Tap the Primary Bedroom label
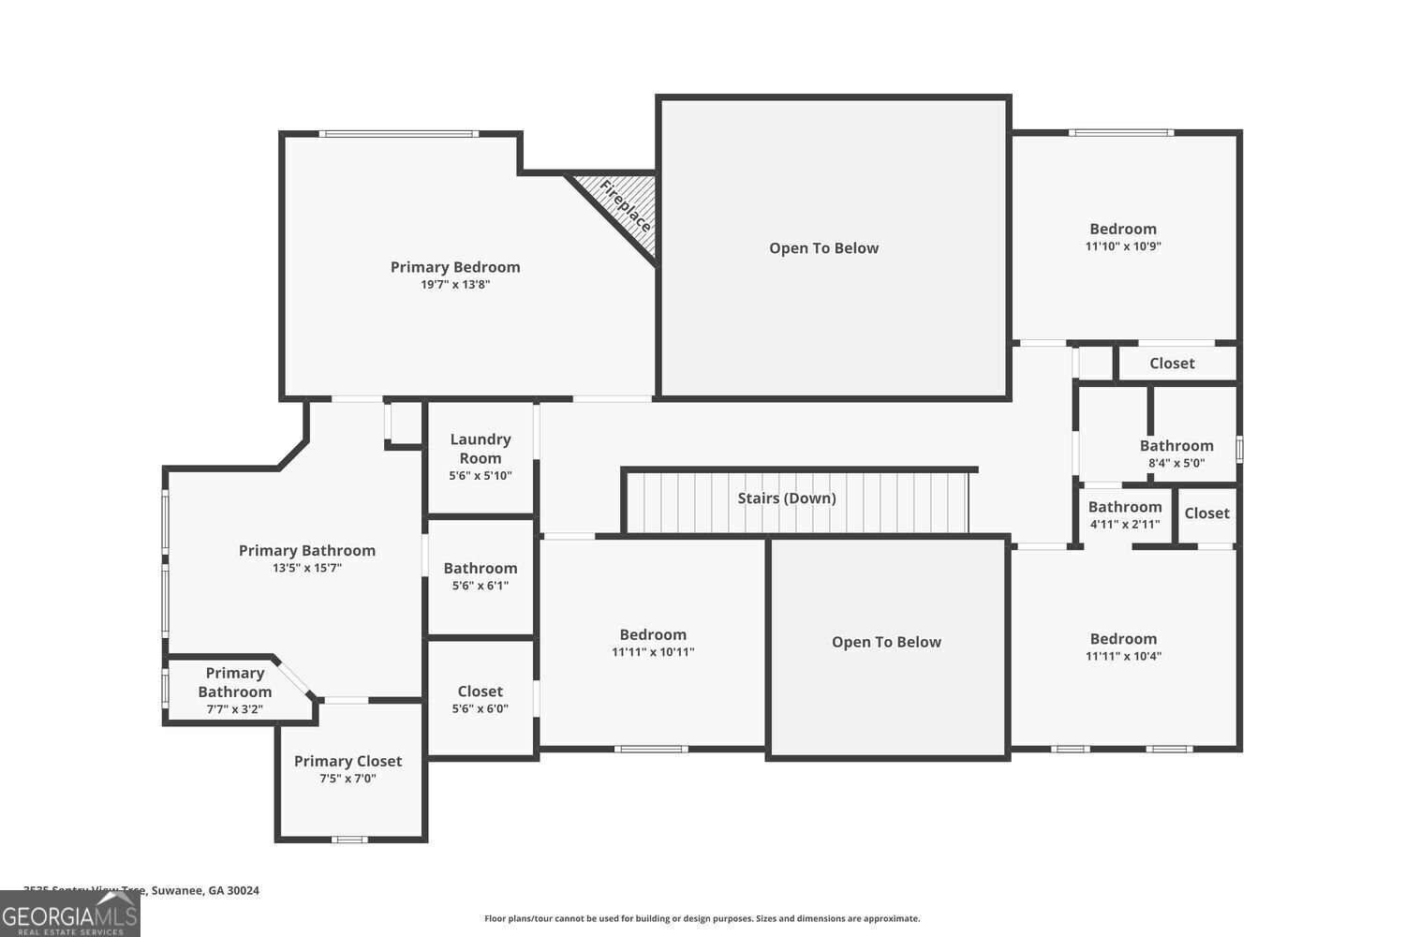455,267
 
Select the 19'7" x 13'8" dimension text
455,285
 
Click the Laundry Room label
481,448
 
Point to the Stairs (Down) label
787,498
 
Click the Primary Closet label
348,761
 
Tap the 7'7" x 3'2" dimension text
234,709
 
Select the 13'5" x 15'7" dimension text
307,568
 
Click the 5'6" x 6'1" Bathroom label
481,568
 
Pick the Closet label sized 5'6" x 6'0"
481,692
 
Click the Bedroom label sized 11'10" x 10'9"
1123,229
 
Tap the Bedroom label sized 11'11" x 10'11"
653,634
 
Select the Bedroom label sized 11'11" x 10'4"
1123,638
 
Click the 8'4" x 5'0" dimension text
1176,463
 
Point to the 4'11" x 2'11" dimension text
1125,524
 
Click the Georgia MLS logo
69,914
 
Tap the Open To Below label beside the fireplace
824,248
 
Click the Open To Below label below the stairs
886,642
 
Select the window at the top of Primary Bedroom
398,134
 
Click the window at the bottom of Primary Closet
349,839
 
